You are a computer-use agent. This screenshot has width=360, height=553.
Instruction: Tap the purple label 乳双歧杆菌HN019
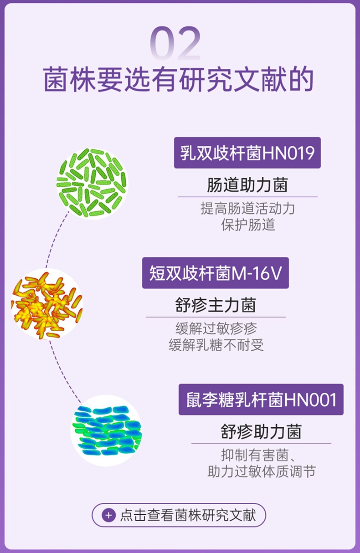point(247,153)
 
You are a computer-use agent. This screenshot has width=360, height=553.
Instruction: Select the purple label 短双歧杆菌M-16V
point(216,273)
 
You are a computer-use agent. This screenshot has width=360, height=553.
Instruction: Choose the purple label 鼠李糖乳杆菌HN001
point(261,399)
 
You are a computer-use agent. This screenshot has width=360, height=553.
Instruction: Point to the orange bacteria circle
point(47,304)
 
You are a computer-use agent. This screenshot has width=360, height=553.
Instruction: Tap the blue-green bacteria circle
point(106,430)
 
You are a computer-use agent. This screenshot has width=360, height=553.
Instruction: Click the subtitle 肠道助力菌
point(247,185)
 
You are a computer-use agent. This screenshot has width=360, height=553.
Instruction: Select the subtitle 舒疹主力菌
point(216,305)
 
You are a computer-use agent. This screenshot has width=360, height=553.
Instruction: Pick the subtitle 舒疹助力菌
point(261,431)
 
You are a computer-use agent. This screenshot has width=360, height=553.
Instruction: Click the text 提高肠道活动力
point(247,209)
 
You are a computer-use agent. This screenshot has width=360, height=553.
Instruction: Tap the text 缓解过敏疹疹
point(216,328)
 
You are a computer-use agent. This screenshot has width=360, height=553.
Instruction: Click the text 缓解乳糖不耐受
point(216,345)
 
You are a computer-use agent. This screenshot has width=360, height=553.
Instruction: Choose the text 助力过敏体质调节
point(261,471)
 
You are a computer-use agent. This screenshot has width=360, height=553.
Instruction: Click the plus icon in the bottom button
point(108,516)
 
